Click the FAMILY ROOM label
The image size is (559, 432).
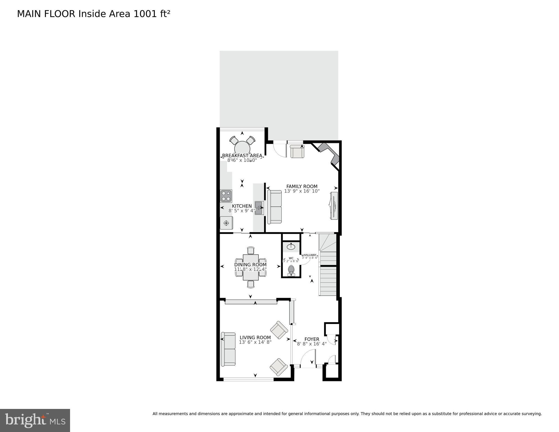[x=302, y=186]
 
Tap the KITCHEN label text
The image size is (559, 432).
[x=242, y=206]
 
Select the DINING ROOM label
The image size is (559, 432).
[x=250, y=265]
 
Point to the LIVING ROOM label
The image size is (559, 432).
[x=255, y=337]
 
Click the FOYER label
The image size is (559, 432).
[x=312, y=339]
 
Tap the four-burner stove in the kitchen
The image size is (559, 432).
[x=226, y=196]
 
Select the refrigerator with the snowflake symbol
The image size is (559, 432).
[x=226, y=223]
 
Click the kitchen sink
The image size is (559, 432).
[x=259, y=208]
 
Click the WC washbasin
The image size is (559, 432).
[x=291, y=247]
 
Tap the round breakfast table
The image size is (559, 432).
[x=242, y=147]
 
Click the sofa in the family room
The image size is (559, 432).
[x=274, y=207]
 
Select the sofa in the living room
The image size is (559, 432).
[x=228, y=349]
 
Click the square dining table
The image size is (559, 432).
[x=251, y=267]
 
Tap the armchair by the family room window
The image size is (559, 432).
[x=297, y=151]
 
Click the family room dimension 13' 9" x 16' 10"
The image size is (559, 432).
[x=302, y=191]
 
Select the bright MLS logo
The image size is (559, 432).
[x=35, y=420]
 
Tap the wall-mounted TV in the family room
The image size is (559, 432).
[x=334, y=205]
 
